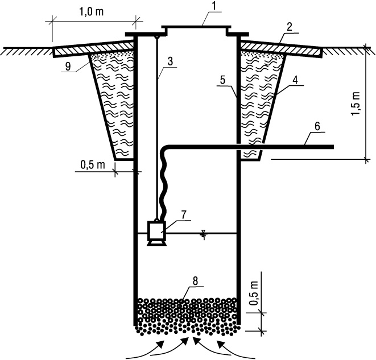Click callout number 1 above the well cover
214,6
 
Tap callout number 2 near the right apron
290,27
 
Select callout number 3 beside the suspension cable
170,61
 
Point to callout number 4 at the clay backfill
295,80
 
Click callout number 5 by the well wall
223,80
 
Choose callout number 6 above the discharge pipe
317,126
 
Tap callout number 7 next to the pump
183,215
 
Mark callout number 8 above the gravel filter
195,281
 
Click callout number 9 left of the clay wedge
68,67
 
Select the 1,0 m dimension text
91,11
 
